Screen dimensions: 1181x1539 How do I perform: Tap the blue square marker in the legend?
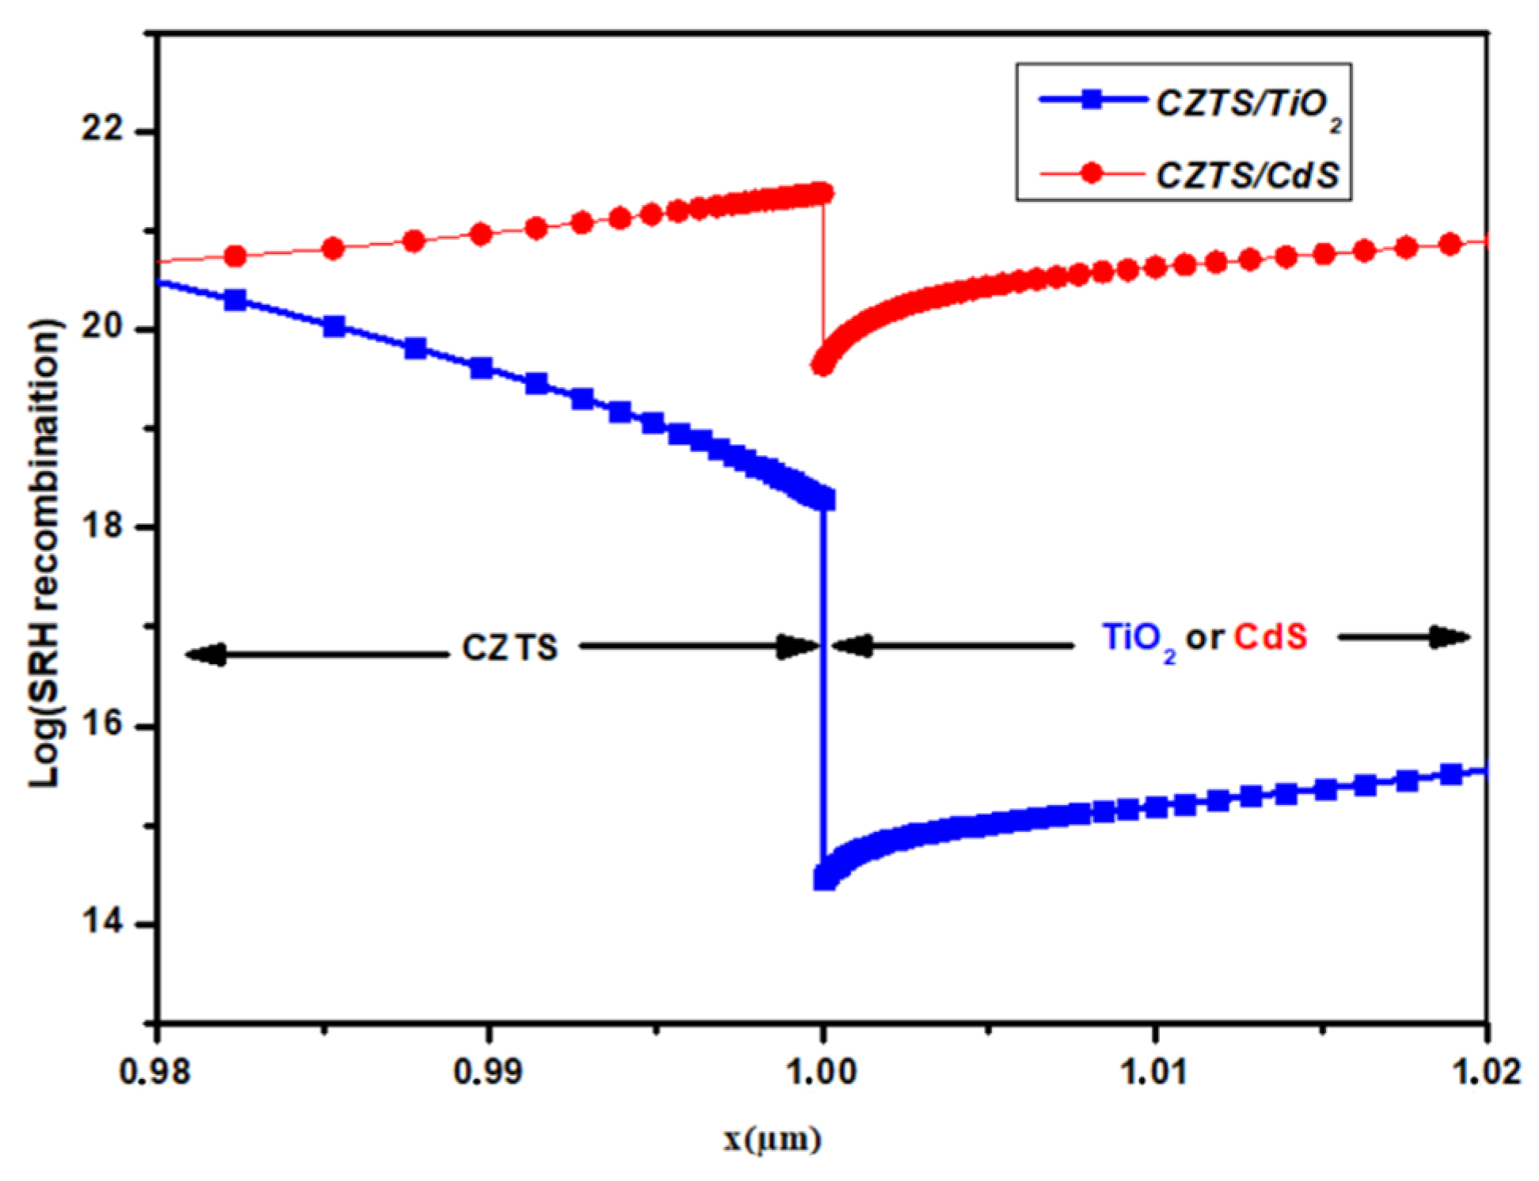[1092, 100]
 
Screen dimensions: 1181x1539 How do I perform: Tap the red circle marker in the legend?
[1092, 173]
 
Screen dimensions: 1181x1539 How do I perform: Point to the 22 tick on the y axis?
[103, 129]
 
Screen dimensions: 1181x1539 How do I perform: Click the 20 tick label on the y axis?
[103, 328]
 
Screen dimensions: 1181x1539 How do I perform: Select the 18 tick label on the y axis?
[103, 526]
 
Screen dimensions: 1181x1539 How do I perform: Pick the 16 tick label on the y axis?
[103, 725]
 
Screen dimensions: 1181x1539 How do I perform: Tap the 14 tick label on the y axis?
[103, 923]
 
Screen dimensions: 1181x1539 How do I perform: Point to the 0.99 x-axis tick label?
[488, 1072]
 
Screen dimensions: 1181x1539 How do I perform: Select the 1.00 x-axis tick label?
[823, 1072]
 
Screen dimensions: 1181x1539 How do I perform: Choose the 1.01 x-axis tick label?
[1155, 1072]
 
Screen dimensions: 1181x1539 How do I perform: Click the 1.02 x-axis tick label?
[1487, 1072]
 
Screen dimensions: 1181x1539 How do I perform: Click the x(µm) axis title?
[772, 1140]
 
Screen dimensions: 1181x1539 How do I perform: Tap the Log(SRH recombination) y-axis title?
[45, 554]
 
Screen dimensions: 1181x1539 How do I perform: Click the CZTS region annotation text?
[510, 648]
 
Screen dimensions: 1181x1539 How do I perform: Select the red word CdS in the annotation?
[1271, 637]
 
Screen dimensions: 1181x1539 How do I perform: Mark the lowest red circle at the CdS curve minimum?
[823, 365]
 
